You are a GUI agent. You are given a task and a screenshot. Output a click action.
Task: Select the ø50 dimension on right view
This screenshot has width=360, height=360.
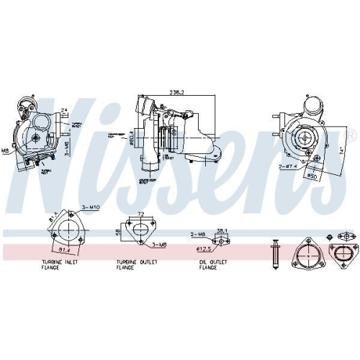pyautogui.click(x=312, y=175)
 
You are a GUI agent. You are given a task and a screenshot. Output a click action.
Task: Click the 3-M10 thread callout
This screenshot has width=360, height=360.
pyautogui.click(x=90, y=207)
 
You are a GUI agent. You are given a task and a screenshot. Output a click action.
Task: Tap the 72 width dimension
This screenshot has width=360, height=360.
pyautogui.click(x=141, y=215)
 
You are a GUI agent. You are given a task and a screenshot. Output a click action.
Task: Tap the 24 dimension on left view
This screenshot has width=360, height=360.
pyautogui.click(x=64, y=110)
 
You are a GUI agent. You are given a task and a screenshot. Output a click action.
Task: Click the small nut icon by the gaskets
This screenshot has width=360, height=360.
pyautogui.click(x=329, y=237)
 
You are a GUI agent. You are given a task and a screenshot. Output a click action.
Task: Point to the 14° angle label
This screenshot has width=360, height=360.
pyautogui.click(x=338, y=151)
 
